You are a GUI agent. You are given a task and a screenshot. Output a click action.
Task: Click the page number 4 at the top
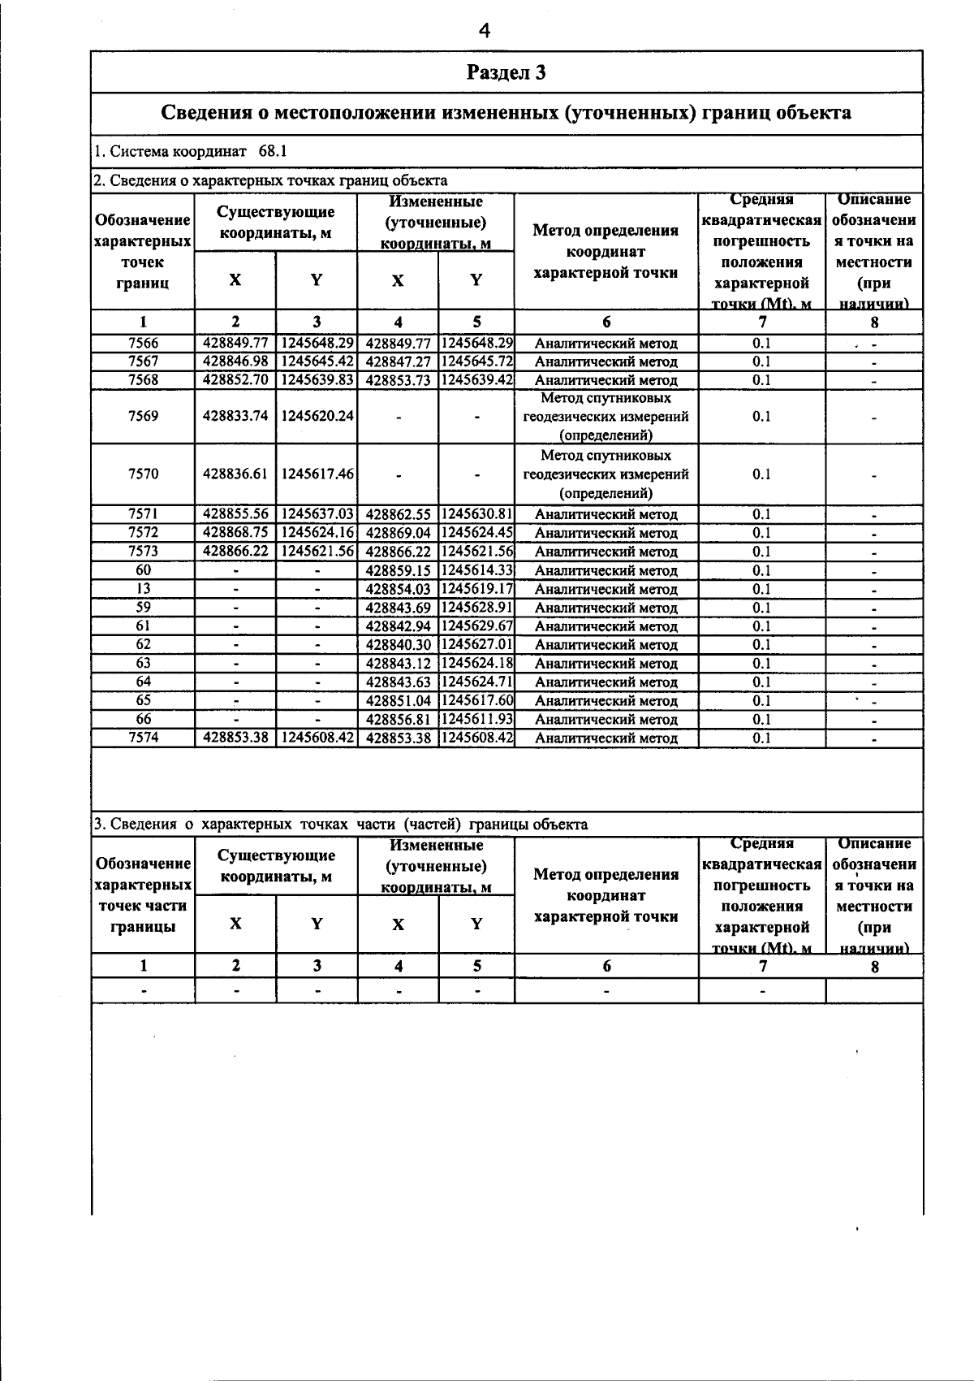[x=485, y=31]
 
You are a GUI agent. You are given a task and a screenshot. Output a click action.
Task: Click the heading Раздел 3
[x=506, y=73]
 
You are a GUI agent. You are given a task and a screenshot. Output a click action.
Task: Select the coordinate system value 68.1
[x=273, y=152]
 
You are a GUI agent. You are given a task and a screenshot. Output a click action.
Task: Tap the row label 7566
[x=143, y=343]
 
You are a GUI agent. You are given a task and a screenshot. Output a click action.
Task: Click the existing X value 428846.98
[x=235, y=361]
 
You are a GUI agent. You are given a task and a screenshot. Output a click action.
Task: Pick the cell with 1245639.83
[x=317, y=379]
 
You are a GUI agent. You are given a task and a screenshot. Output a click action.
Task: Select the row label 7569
[x=143, y=416]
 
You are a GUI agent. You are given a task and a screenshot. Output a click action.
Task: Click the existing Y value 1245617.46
[x=317, y=474]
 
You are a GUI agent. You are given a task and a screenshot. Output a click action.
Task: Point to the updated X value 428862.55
[x=398, y=514]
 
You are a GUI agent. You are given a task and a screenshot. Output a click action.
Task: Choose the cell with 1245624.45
[x=476, y=533]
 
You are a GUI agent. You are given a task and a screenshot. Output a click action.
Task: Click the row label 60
[x=143, y=570]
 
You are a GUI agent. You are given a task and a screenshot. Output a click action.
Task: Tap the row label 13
[x=143, y=589]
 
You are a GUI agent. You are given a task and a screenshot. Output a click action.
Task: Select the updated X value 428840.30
[x=398, y=645]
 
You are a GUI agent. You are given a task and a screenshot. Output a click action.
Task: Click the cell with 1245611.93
[x=476, y=719]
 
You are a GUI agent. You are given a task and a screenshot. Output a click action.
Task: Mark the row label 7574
[x=143, y=738]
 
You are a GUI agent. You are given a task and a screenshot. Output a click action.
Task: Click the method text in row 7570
[x=606, y=474]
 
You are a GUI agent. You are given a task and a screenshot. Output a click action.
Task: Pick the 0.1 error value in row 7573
[x=761, y=552]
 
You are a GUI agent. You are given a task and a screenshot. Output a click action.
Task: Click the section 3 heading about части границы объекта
[x=341, y=825]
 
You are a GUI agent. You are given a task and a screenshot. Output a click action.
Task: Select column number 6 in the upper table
[x=606, y=322]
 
